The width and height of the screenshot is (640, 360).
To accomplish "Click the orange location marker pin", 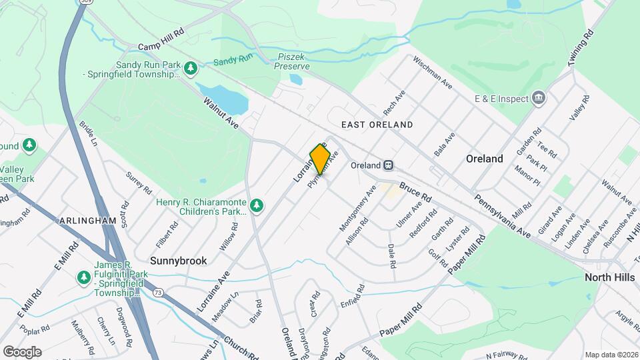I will [x=320, y=159].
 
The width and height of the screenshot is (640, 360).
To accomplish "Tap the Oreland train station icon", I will [x=388, y=165].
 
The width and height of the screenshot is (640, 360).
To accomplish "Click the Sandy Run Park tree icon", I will [x=191, y=67].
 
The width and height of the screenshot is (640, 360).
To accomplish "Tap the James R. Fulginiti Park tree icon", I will [x=83, y=276].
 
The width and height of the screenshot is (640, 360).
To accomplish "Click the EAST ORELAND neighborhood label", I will [x=377, y=125].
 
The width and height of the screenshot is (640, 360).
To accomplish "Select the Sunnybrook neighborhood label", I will [x=178, y=261].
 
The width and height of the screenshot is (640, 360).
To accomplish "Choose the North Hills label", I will [x=609, y=277].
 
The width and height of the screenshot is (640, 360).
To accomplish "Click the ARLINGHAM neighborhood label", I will [x=88, y=221].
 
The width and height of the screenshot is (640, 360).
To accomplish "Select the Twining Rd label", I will [x=581, y=47].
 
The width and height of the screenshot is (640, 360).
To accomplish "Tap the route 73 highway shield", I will [x=158, y=292].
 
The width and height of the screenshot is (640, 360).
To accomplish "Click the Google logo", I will [x=22, y=352].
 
